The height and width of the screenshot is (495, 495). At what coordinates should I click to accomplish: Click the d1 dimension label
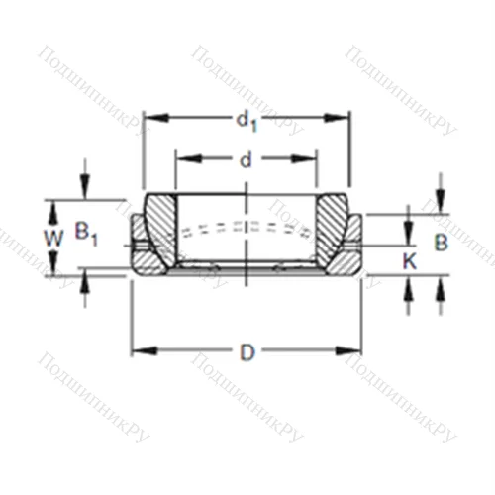coord(246,121)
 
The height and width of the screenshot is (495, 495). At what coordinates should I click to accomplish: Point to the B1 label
coord(86,235)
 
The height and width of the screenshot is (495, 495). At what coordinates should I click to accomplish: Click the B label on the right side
coord(442,241)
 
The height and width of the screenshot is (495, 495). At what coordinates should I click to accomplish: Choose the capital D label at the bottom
coord(247,350)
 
